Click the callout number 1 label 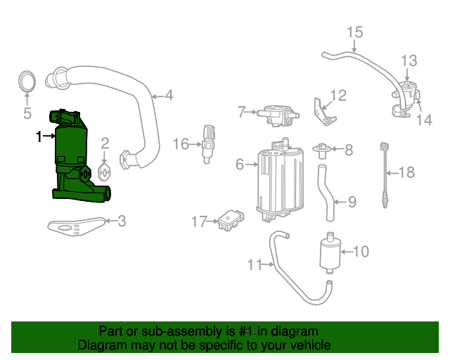[x=39, y=137]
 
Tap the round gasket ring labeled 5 [x=27, y=82]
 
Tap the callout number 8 [x=348, y=149]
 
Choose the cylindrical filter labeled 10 [x=330, y=252]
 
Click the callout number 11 [x=255, y=264]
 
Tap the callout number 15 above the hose [x=354, y=32]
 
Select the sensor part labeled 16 [x=207, y=143]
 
